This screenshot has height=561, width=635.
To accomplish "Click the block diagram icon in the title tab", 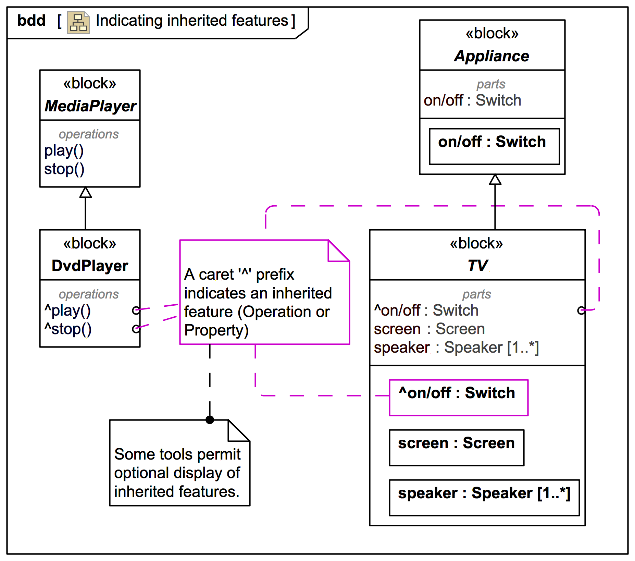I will pos(78,23).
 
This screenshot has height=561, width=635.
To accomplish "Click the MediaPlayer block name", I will pos(90,106).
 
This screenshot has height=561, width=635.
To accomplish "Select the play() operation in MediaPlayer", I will pos(64,151).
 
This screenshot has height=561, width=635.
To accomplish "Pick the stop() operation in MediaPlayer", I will pos(64,169).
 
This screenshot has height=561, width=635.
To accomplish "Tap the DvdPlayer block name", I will pos(90,266).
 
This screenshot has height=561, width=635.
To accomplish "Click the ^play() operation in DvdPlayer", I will pos(68,311).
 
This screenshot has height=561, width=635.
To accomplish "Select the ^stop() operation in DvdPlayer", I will pos(68,329).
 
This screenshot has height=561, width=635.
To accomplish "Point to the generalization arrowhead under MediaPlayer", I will pos(86,193).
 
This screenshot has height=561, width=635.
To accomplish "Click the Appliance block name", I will pos(492,56).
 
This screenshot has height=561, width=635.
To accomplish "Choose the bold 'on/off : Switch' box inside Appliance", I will pos(494,146).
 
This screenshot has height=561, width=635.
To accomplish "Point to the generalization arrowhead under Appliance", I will pos(495,180).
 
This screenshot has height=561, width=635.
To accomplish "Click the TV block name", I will pos(477,266).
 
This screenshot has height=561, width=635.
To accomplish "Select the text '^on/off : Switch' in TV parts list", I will pos(426,310).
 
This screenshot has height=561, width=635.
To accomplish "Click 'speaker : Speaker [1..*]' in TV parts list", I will pos(456,348).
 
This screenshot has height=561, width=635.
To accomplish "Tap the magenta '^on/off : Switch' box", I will pos(459,398).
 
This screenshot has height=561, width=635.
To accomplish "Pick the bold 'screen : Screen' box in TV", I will pos(457,448).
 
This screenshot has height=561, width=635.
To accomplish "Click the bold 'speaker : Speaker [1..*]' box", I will pos(484,498).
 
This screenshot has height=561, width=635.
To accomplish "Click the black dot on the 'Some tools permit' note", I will pos(210,420).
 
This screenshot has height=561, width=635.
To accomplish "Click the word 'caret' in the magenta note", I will pos(216,275).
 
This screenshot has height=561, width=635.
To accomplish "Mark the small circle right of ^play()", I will pos(136,310).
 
